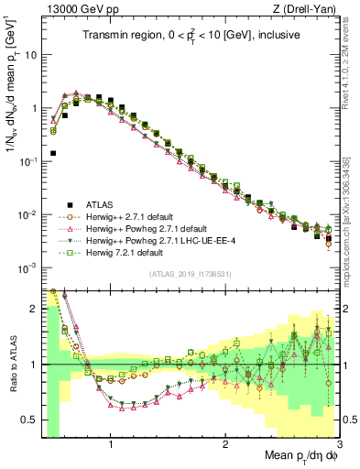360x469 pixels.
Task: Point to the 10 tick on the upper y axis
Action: coord(30,54)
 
